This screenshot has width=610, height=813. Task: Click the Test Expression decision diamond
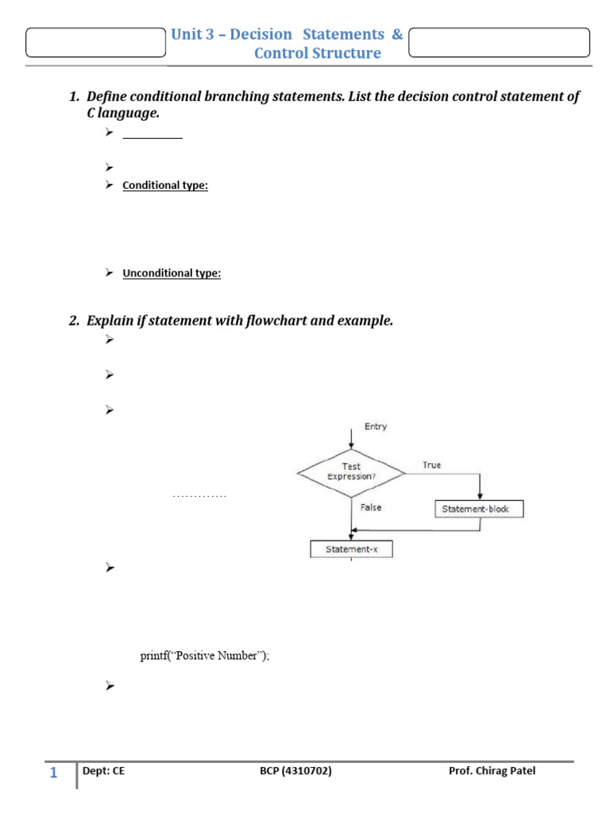coord(351,472)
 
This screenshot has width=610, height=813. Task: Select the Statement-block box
coord(480,509)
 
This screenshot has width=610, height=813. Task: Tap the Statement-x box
coord(351,549)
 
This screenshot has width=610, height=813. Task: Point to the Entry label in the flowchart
coord(376,426)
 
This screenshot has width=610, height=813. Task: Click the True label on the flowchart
coord(432,465)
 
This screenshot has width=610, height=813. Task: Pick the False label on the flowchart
coord(371,507)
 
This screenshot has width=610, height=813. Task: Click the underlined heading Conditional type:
coord(165,186)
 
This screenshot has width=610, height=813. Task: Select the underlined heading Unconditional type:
coord(172,273)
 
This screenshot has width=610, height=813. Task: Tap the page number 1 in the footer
coord(53,773)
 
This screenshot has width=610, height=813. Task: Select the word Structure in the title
coord(347,53)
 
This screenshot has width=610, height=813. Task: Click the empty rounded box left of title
coord(95,43)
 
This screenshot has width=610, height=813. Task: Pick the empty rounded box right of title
coord(499,43)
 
